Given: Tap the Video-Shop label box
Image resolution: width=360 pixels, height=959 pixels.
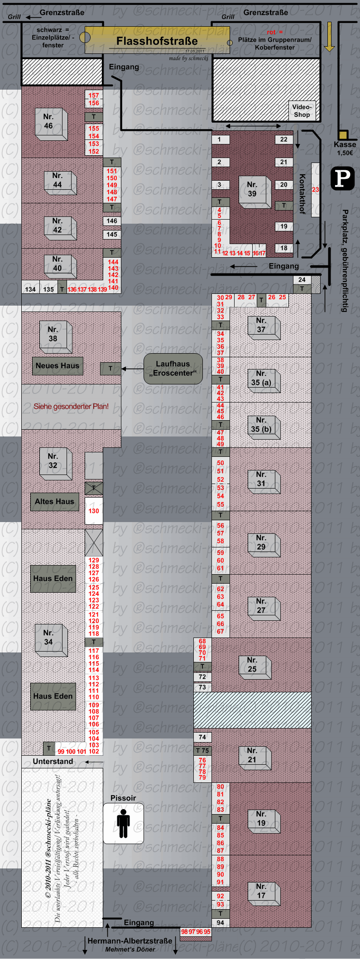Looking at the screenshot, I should [x=302, y=110].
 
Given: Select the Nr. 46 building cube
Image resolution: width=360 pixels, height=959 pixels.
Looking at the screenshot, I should [x=51, y=124].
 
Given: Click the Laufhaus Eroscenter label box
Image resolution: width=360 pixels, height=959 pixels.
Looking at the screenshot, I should [x=173, y=369].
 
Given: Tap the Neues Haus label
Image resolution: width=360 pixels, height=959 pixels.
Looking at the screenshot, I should [x=58, y=366].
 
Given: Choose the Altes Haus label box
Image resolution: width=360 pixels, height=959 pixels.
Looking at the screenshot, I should [x=54, y=502].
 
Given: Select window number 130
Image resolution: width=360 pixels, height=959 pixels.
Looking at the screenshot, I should [x=94, y=511].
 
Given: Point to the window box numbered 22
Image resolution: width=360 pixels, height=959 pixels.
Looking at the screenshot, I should [x=283, y=139].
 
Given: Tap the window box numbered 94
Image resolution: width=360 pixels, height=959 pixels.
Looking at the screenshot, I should [x=221, y=922].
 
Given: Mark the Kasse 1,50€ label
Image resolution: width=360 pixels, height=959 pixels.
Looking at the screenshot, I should [x=345, y=148].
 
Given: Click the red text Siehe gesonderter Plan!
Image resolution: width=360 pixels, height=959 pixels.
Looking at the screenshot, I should [x=71, y=407].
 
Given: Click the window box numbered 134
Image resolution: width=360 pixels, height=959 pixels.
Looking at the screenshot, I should [x=30, y=289].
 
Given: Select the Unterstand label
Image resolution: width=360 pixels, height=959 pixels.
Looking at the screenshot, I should [x=53, y=762].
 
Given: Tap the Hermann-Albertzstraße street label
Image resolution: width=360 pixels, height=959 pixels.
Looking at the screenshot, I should [x=130, y=941].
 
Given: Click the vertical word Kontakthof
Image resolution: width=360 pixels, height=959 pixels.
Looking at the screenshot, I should [x=302, y=194].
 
